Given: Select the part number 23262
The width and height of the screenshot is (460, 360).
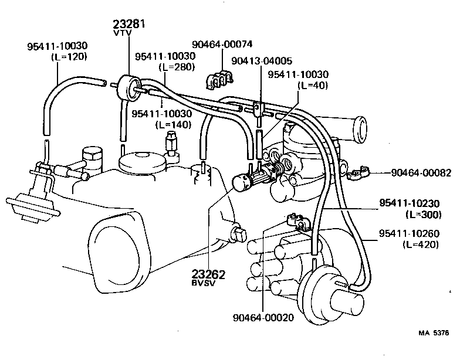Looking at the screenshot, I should [x=208, y=274].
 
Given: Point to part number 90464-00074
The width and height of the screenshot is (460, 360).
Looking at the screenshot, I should [x=222, y=43].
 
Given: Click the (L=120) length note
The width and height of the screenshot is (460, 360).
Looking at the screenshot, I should [x=69, y=56].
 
